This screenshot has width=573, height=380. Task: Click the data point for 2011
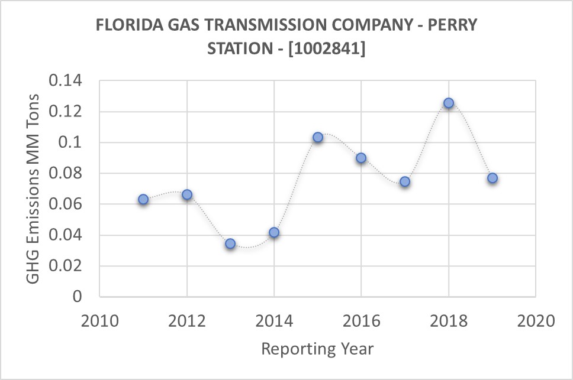143,200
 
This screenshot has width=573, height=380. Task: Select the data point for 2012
187,194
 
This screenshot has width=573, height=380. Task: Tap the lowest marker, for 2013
230,243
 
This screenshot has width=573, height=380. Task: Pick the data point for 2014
274,232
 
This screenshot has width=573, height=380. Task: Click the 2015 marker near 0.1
318,137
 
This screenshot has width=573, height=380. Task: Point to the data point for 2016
361,158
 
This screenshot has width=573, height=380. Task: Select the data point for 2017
405,181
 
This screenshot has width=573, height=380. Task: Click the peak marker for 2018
449,103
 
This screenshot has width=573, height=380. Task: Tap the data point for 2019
492,178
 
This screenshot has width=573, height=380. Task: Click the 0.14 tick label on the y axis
67,81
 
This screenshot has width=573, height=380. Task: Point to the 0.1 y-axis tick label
73,142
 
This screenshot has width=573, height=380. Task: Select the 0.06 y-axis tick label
67,204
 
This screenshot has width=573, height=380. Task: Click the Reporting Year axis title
317,349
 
